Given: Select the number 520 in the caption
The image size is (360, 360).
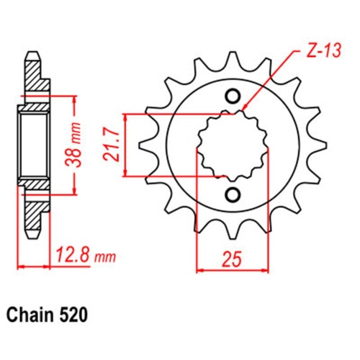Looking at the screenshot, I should point(75,315).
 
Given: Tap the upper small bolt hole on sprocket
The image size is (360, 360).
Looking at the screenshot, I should point(233,96).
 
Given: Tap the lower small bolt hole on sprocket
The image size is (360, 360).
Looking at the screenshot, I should point(233,194).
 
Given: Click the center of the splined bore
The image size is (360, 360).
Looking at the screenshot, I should point(233,145).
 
